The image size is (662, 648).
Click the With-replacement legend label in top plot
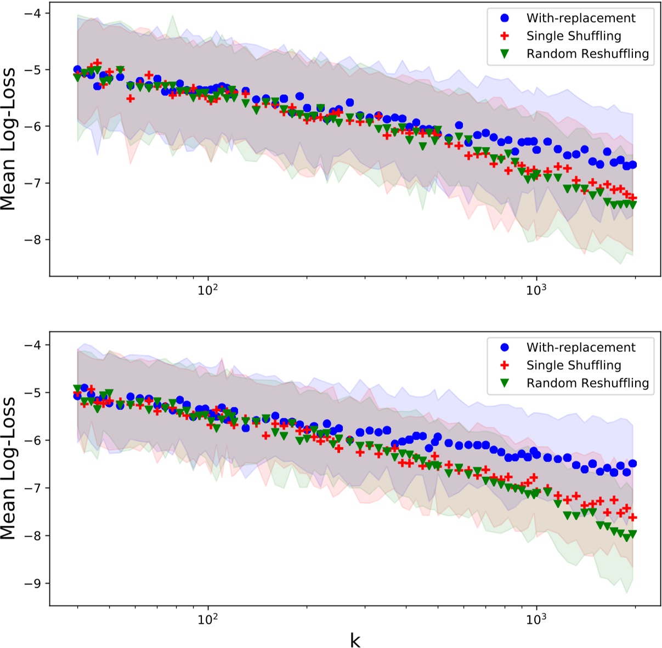581,18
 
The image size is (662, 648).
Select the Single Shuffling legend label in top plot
574,36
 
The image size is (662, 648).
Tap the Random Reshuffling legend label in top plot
587,54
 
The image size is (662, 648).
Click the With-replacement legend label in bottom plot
581,348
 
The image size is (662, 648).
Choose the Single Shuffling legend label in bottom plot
574,366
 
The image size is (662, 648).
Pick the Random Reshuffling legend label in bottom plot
587,383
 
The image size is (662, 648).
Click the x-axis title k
355,639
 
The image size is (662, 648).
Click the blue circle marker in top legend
505,18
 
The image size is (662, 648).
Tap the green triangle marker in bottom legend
505,383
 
